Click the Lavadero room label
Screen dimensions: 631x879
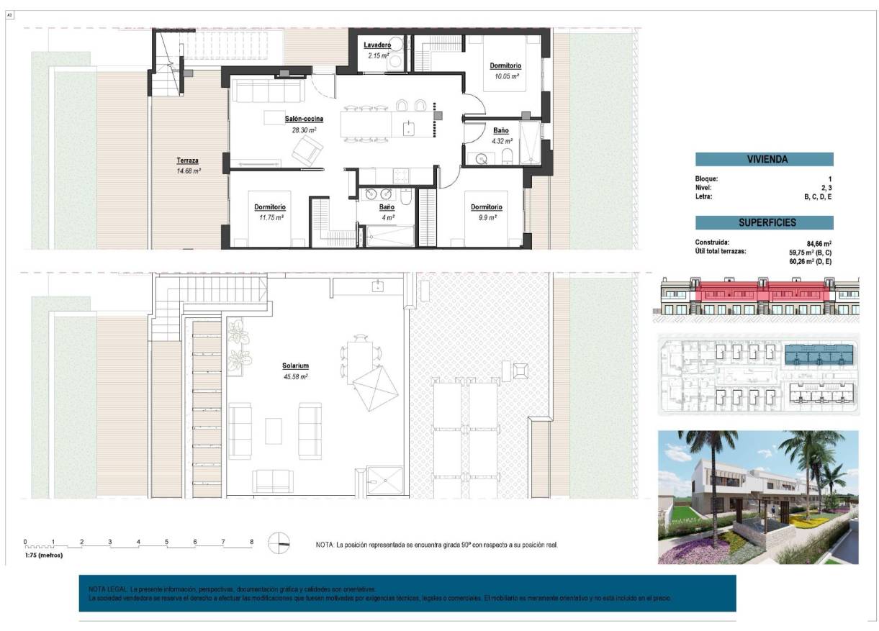click(x=377, y=45)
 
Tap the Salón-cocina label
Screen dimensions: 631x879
click(x=303, y=119)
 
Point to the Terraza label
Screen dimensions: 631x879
click(x=188, y=160)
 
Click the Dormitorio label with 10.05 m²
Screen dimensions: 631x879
click(x=506, y=65)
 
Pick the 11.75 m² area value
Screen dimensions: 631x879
click(x=271, y=217)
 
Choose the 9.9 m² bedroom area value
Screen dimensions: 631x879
click(x=487, y=217)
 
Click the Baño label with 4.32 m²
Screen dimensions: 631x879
click(x=501, y=131)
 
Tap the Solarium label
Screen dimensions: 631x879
click(x=295, y=366)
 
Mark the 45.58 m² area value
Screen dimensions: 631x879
click(x=295, y=376)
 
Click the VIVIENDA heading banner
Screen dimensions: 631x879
click(x=764, y=159)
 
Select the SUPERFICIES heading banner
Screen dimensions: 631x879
click(x=764, y=223)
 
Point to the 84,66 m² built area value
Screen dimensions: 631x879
click(x=819, y=242)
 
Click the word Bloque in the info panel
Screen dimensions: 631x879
click(x=706, y=178)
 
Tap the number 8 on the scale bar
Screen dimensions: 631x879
click(x=251, y=542)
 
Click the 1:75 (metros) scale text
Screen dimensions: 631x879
click(x=44, y=555)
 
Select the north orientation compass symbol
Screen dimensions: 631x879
click(x=278, y=543)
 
